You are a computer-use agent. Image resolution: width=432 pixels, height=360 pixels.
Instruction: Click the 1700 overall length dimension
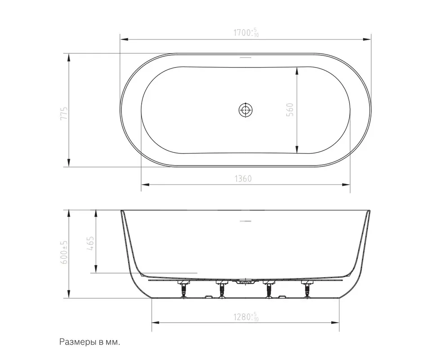[246, 33]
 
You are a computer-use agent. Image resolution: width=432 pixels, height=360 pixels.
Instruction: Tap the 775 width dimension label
[64, 113]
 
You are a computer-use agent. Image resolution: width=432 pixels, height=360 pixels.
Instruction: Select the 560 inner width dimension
[290, 109]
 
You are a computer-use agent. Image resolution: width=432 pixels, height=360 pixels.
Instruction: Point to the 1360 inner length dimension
[243, 179]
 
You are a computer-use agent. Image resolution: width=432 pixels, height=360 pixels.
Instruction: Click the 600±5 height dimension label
[64, 252]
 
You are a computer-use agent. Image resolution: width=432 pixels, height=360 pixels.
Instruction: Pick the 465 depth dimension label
[90, 243]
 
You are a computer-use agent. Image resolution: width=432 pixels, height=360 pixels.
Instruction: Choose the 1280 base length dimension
[246, 317]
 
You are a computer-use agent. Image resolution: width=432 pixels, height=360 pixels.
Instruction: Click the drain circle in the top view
[245, 110]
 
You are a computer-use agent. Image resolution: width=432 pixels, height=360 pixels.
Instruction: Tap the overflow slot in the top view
[245, 58]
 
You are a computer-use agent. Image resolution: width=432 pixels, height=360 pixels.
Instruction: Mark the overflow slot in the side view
[245, 221]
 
